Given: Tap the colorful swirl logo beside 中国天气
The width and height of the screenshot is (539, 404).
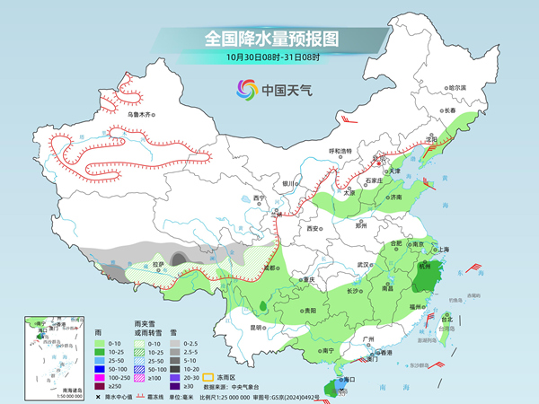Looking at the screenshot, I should point(246,90).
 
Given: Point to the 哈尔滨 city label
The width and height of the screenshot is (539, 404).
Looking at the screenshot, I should point(458,88).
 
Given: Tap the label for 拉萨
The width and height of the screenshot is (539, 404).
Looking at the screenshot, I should point(158,265).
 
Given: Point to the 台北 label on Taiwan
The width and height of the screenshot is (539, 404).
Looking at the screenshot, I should point(447,318).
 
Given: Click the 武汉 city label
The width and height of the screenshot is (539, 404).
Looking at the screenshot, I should point(364,265).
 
